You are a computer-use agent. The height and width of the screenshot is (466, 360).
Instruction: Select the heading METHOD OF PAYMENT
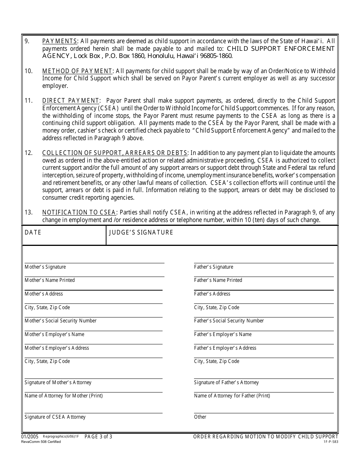77,71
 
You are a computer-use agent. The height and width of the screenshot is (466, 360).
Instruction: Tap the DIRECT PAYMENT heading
71,101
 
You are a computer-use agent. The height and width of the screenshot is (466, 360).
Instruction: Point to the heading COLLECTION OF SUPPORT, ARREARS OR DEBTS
115,153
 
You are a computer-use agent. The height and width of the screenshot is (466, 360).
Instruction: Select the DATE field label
33,233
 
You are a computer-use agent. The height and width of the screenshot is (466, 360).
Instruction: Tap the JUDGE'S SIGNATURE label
141,233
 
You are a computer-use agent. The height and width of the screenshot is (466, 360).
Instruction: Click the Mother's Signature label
45,267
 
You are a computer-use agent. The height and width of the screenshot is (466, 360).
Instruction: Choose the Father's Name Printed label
218,280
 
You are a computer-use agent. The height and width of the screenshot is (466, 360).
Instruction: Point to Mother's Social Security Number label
61,321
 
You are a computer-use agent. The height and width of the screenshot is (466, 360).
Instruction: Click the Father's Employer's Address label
225,348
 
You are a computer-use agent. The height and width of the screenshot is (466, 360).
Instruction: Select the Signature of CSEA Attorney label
55,417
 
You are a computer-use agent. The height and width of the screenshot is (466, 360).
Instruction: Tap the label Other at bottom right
200,417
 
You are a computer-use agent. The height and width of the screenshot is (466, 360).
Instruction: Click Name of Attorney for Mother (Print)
64,396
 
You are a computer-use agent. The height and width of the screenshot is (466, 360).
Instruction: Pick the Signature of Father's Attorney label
226,383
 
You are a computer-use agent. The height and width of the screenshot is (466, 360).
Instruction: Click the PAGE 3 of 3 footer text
98,437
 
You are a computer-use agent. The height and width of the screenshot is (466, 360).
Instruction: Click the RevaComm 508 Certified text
41,442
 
